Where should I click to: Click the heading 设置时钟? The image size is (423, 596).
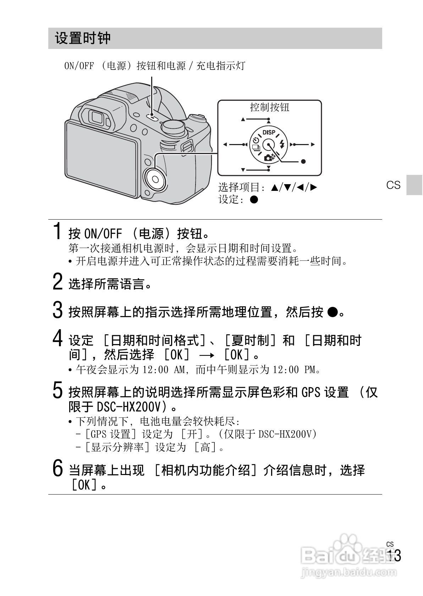(x=83, y=38)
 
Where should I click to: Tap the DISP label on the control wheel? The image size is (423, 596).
(x=269, y=132)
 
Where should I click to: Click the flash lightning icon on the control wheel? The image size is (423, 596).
(x=282, y=144)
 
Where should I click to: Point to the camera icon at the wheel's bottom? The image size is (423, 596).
(x=269, y=158)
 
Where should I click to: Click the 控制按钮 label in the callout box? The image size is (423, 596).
(x=269, y=107)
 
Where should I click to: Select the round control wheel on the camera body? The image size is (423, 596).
(x=155, y=180)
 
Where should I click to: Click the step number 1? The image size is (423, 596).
(x=57, y=231)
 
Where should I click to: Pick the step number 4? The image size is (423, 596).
(x=57, y=338)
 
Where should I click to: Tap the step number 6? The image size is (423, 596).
(x=57, y=468)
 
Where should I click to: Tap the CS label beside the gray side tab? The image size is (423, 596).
(x=393, y=185)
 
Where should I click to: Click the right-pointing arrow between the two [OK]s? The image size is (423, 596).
(x=207, y=355)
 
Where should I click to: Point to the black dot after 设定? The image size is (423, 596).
(x=254, y=199)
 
